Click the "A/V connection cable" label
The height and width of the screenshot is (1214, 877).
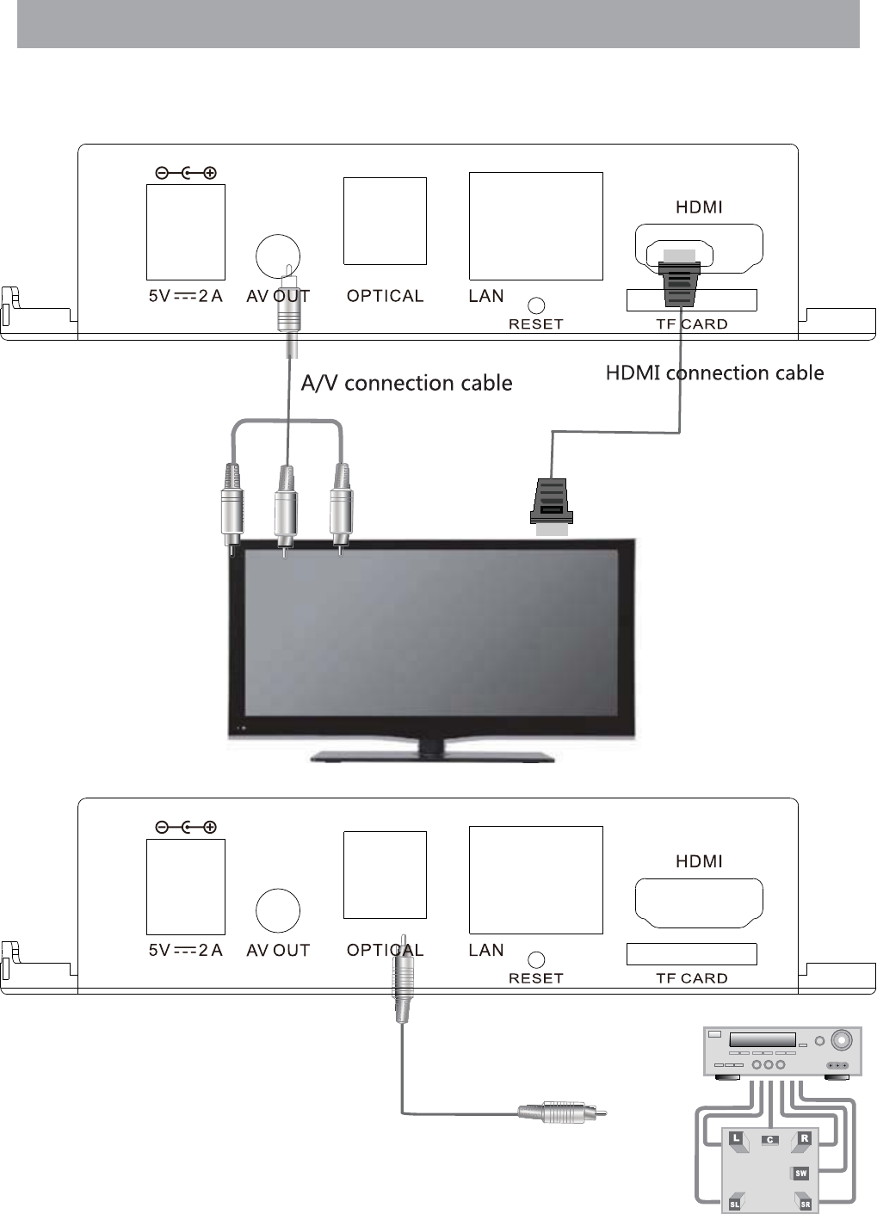(x=406, y=383)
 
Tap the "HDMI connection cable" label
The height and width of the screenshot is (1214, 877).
(x=714, y=373)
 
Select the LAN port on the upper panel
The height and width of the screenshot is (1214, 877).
(x=535, y=225)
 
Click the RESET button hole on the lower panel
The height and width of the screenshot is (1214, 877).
(x=536, y=959)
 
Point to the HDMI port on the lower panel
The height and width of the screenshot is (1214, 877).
(x=699, y=903)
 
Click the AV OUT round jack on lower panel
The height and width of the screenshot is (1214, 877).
(x=278, y=910)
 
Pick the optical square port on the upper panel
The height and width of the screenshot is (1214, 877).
(x=385, y=221)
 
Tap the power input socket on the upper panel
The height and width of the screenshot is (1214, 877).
(x=186, y=231)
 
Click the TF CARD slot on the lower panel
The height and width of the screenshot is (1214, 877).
(x=691, y=954)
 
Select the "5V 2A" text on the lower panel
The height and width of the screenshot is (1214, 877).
(x=185, y=950)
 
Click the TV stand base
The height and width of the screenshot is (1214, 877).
(x=432, y=756)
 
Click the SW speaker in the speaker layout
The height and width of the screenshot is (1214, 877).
(x=800, y=1173)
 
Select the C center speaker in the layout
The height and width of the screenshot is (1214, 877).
(x=770, y=1140)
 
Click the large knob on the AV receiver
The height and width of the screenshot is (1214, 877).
(x=843, y=1040)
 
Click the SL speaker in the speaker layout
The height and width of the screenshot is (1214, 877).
(x=735, y=1203)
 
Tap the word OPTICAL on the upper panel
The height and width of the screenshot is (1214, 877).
(x=385, y=296)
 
